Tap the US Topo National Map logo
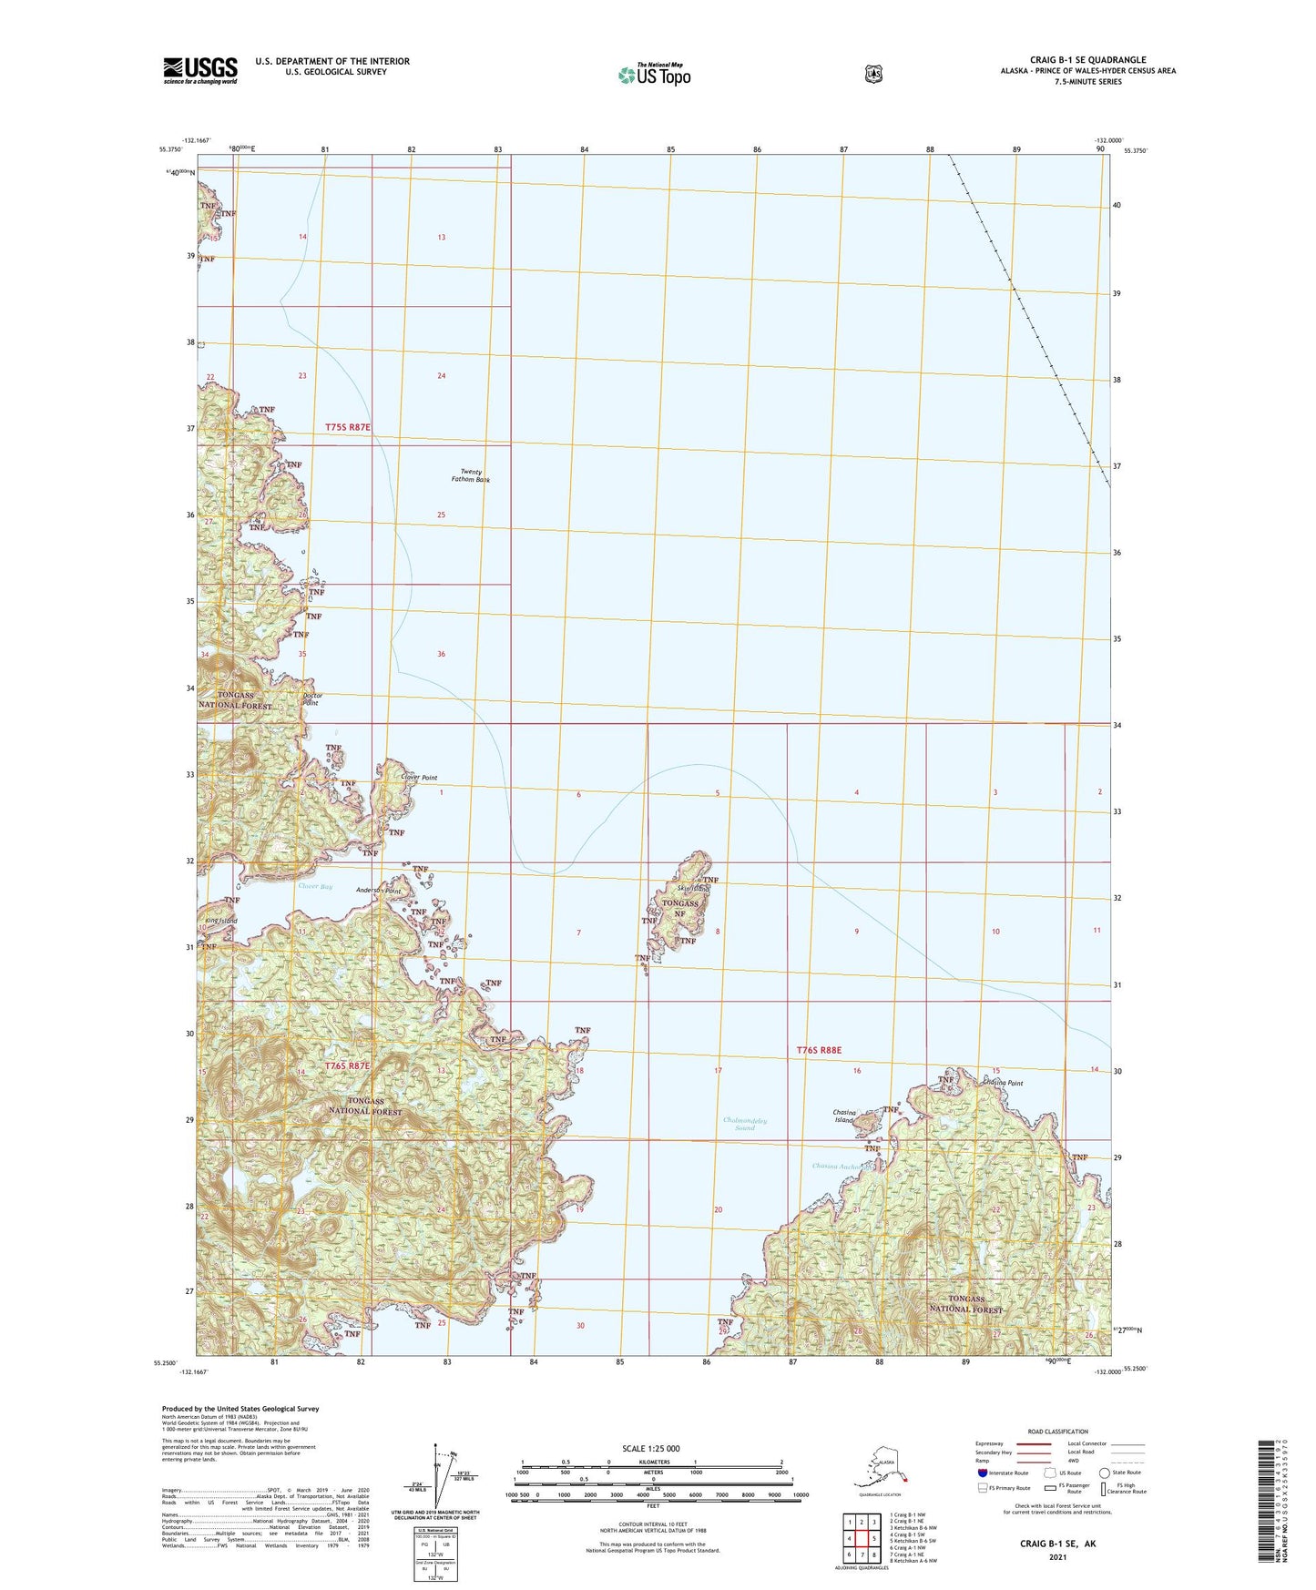654,74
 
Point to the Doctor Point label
311,698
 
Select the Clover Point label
419,778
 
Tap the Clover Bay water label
315,886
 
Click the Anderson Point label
379,891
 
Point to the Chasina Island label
844,1116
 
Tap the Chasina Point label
1002,1084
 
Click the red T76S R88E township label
819,1050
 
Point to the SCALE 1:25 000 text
650,1448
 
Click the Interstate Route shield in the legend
982,1473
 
